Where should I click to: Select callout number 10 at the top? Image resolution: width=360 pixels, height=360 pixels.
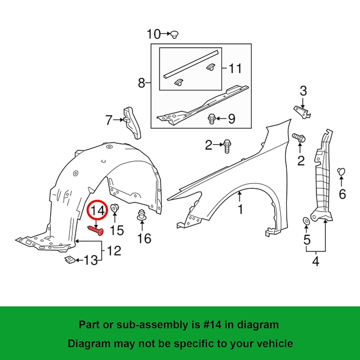coord(153,34)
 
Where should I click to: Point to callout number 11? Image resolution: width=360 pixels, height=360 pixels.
coord(235,68)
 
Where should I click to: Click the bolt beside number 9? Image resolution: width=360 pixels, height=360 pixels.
coord(211,119)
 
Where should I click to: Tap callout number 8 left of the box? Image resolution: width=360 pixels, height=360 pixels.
coord(141,83)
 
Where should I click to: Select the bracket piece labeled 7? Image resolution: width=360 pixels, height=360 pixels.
coord(132,123)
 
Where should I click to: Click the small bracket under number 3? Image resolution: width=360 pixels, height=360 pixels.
coord(302,112)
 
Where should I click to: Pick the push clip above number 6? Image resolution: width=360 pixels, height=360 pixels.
coord(341,172)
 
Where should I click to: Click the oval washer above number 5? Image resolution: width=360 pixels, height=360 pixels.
coord(306,221)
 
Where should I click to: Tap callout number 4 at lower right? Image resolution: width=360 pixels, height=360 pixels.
coord(316,261)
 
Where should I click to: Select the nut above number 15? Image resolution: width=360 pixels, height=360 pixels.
coord(114,208)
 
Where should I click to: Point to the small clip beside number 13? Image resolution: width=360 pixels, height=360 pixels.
coord(70,260)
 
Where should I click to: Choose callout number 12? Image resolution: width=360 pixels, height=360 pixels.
coord(114,251)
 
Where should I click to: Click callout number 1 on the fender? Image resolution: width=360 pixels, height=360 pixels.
coord(240,209)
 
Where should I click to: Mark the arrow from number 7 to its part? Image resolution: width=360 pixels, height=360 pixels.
coord(118,120)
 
